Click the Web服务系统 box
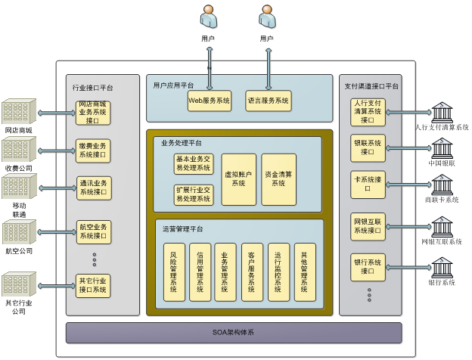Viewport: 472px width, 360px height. click(x=210, y=100)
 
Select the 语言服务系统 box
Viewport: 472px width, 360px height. click(x=269, y=100)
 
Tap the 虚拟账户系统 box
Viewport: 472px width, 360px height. click(x=238, y=178)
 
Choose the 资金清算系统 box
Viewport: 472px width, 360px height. click(x=278, y=178)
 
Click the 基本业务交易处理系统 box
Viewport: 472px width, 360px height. click(x=193, y=163)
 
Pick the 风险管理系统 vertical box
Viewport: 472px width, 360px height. click(x=174, y=272)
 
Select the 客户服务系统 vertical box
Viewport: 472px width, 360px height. click(x=253, y=272)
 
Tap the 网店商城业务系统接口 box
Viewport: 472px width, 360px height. click(x=93, y=112)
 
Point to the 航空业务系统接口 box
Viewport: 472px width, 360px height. click(x=93, y=231)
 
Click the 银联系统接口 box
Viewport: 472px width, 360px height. click(x=368, y=146)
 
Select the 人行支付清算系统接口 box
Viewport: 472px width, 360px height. click(x=368, y=110)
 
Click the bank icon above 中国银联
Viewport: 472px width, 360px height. click(x=440, y=146)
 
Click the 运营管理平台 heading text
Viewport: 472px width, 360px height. click(x=182, y=228)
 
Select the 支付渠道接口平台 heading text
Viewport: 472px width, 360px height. click(x=368, y=85)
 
